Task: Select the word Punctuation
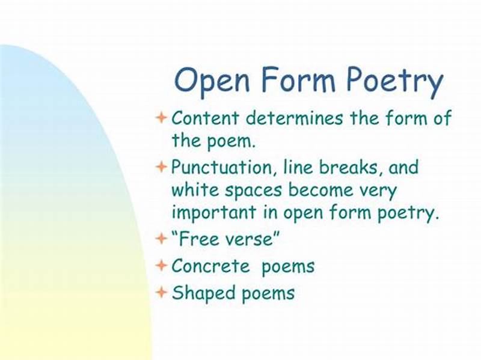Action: tap(220, 167)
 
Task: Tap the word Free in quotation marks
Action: tap(198, 239)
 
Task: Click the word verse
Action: tap(251, 239)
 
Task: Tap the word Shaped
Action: tap(200, 293)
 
